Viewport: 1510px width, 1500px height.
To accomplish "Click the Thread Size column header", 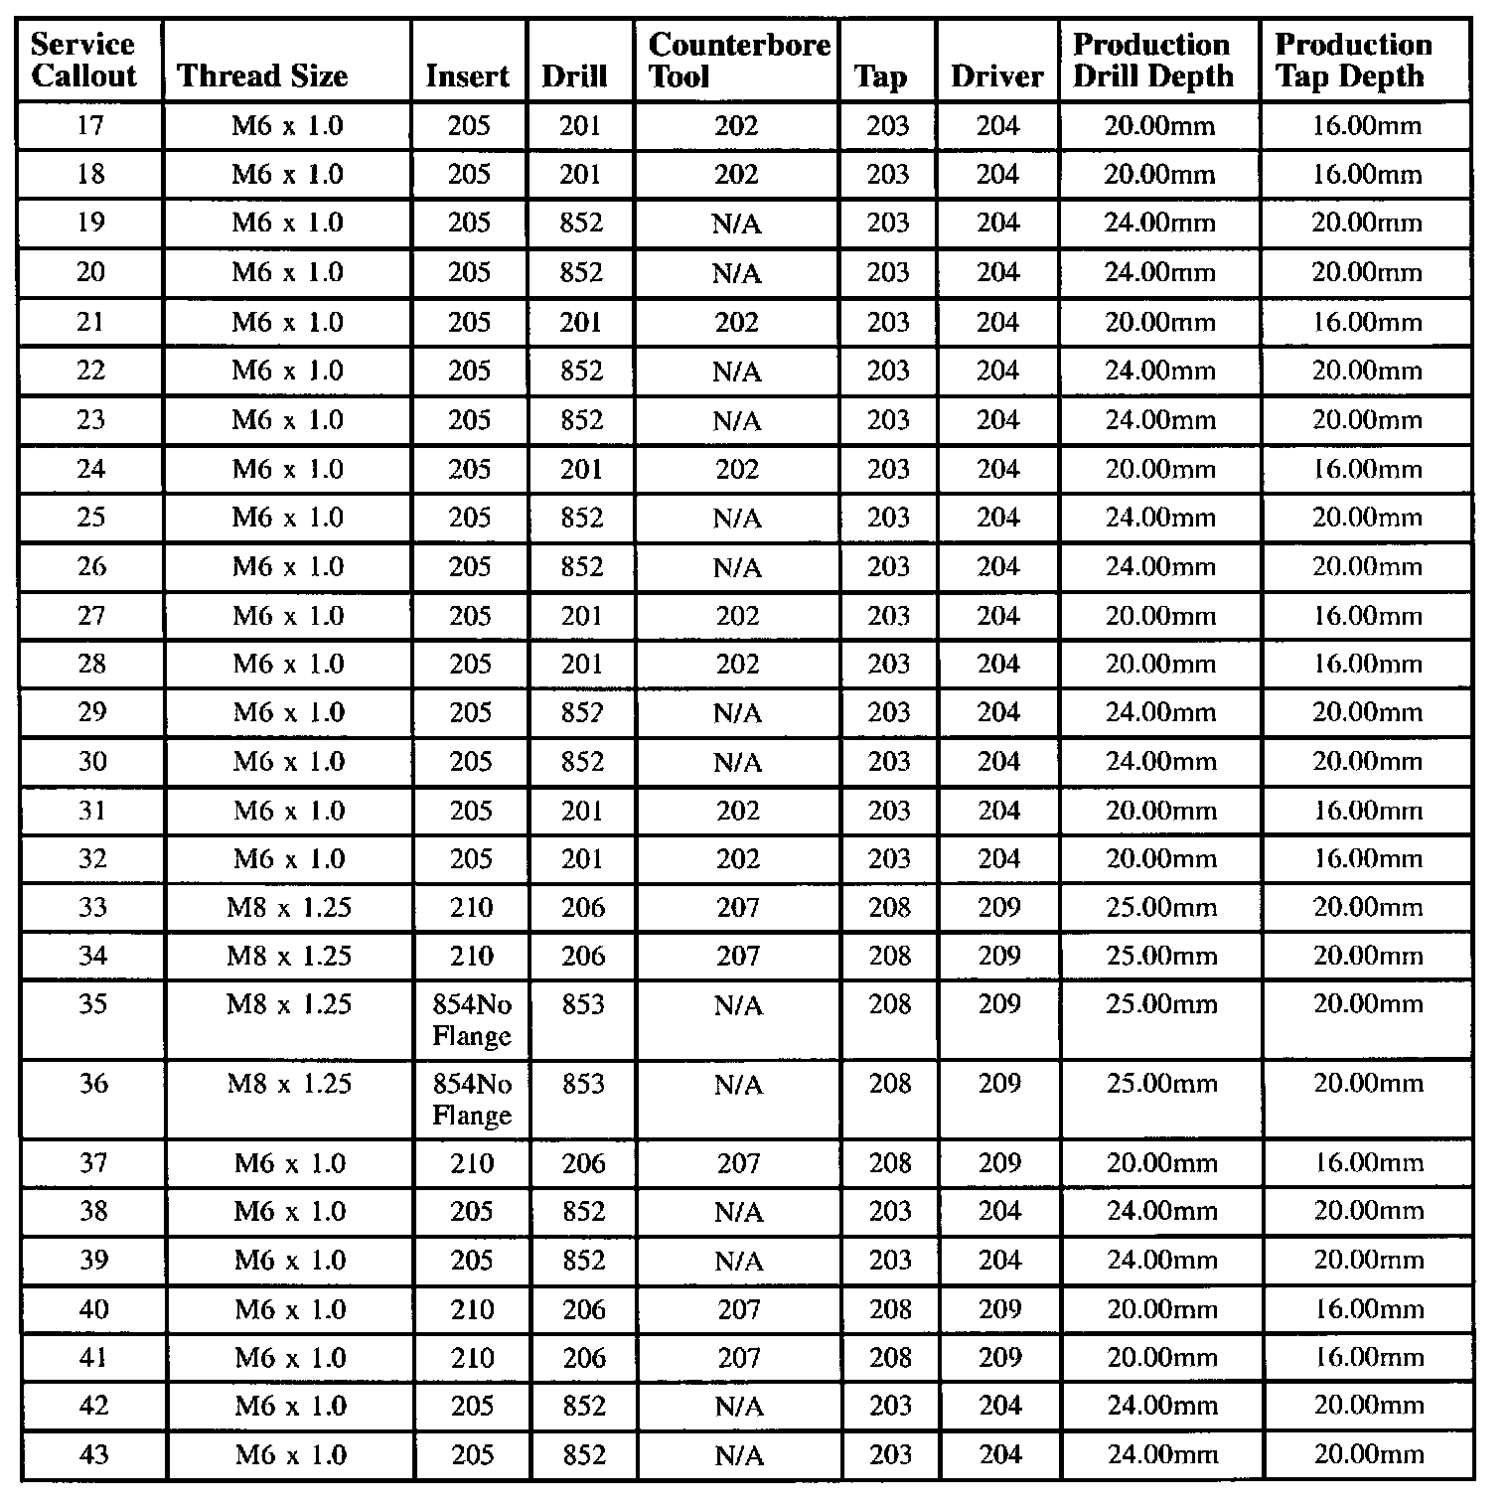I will tap(262, 76).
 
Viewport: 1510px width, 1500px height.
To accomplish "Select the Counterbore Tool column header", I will tap(738, 61).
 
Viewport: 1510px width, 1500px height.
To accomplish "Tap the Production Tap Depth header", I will tap(1353, 61).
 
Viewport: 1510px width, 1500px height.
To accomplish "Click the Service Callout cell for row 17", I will tap(90, 126).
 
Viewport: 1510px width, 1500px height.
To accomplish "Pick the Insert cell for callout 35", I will tap(472, 1020).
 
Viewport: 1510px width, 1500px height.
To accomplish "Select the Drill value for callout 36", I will tap(583, 1084).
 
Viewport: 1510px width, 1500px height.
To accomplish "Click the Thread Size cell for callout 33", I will tap(289, 908).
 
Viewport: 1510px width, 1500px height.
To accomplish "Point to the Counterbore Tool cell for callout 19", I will tap(737, 224).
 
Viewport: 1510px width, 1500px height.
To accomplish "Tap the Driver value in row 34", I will tap(999, 957).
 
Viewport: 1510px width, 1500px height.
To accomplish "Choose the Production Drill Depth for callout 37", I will tap(1161, 1163).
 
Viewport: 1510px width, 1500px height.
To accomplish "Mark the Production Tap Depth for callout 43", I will tap(1368, 1455).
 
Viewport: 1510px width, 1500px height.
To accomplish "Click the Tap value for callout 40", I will tap(890, 1310).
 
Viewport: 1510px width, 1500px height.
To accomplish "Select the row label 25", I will tap(90, 518).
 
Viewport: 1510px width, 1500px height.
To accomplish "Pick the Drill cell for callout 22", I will tap(581, 371).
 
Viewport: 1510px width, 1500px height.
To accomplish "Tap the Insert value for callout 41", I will tap(472, 1358).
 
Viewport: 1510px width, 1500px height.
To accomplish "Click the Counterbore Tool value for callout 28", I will tap(737, 664).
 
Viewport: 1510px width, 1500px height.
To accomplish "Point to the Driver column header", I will tap(996, 76).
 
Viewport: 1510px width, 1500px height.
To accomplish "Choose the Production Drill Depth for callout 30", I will tap(1161, 762).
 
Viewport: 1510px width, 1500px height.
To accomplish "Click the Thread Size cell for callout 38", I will tap(290, 1212).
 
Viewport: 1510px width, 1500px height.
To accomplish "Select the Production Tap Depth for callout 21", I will tap(1367, 323).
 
